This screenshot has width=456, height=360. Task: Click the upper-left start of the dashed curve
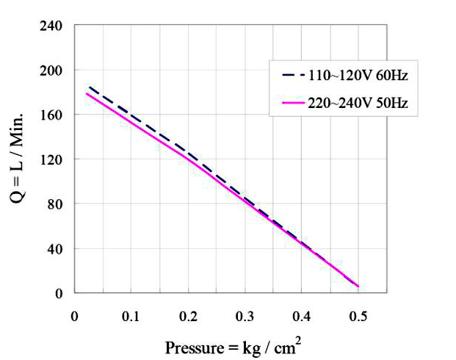click(89, 87)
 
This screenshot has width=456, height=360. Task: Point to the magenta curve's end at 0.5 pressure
click(358, 287)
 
